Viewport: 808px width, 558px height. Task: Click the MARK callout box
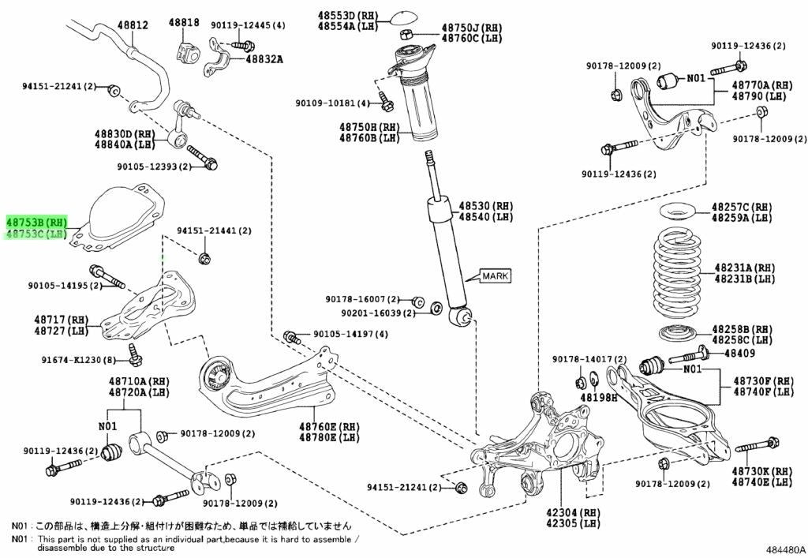pyautogui.click(x=496, y=275)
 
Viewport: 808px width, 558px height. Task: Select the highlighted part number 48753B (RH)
pyautogui.click(x=36, y=223)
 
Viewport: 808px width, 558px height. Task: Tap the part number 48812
pyautogui.click(x=133, y=24)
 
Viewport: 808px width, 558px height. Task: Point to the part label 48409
pyautogui.click(x=739, y=353)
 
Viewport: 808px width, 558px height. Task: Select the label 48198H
pyautogui.click(x=599, y=397)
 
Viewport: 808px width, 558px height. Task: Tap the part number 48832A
pyautogui.click(x=264, y=59)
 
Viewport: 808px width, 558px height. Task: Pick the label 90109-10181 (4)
pyautogui.click(x=333, y=103)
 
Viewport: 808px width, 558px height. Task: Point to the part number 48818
pyautogui.click(x=184, y=22)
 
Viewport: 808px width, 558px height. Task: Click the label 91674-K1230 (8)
pyautogui.click(x=79, y=360)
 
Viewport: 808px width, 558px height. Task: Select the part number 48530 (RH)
pyautogui.click(x=486, y=206)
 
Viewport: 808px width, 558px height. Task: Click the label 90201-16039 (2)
pyautogui.click(x=378, y=313)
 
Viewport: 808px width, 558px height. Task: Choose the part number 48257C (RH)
pyautogui.click(x=742, y=207)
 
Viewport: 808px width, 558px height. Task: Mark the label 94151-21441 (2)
pyautogui.click(x=215, y=230)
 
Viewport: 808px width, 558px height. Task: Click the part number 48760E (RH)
pyautogui.click(x=329, y=427)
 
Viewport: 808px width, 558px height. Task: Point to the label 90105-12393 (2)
pyautogui.click(x=154, y=167)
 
